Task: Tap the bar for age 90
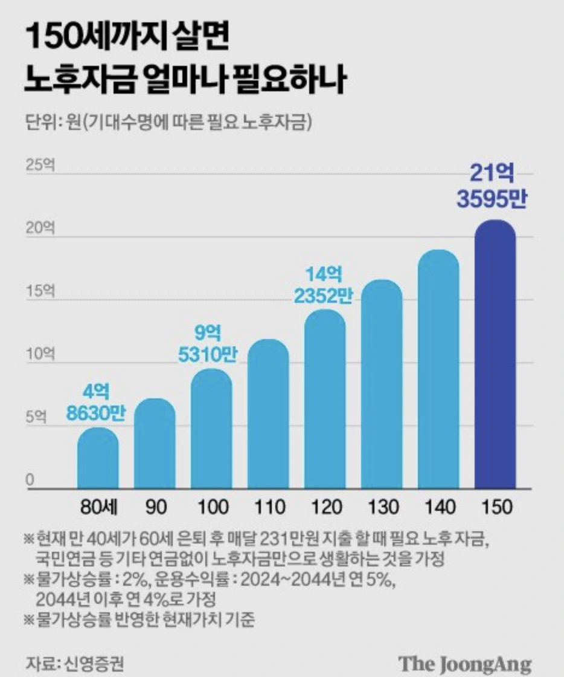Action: pos(155,444)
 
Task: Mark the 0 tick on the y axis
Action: pos(29,481)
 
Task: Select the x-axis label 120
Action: pos(325,507)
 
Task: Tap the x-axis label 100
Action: pos(211,507)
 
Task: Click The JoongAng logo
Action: pos(464,662)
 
